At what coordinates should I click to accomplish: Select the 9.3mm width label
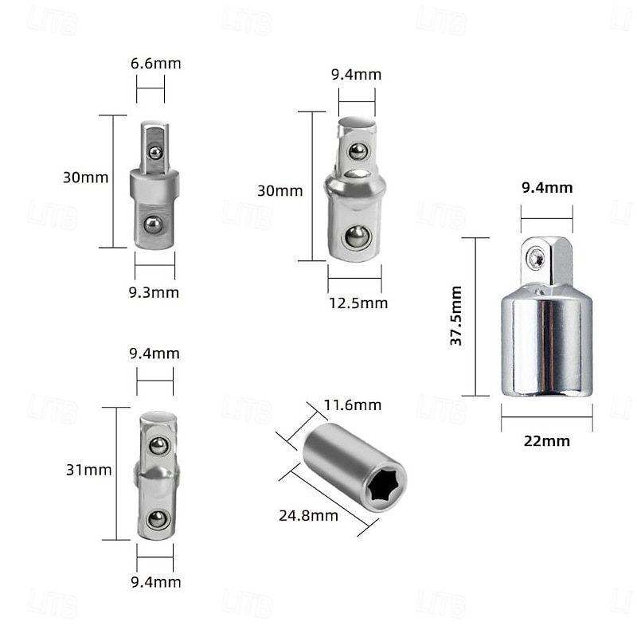(x=154, y=292)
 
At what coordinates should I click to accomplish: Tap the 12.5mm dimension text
(x=358, y=303)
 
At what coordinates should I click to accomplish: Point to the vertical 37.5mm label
(x=456, y=315)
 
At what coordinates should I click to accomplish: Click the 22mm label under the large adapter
(x=546, y=440)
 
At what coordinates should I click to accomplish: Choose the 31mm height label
(x=88, y=470)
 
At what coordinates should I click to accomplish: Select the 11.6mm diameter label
(x=352, y=405)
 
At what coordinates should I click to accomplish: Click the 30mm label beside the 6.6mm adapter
(x=85, y=178)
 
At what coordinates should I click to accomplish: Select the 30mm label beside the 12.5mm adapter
(x=280, y=191)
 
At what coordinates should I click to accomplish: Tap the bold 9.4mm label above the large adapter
(x=547, y=188)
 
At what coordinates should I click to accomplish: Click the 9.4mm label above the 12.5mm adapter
(x=356, y=75)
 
